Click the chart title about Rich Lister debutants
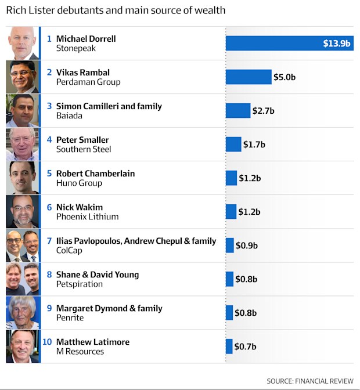point(116,10)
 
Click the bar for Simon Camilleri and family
point(237,111)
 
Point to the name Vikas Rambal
point(83,73)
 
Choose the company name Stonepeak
point(76,49)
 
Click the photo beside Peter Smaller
point(23,145)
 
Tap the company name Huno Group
point(79,183)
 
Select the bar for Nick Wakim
point(231,212)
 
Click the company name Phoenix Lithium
point(87,217)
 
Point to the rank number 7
point(49,241)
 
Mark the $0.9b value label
point(246,245)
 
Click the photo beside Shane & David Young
point(23,279)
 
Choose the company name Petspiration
point(80,284)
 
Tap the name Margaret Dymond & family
point(109,308)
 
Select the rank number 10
point(47,342)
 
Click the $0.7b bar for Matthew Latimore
point(229,346)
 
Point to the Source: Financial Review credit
point(310,381)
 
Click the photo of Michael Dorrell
point(23,44)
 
